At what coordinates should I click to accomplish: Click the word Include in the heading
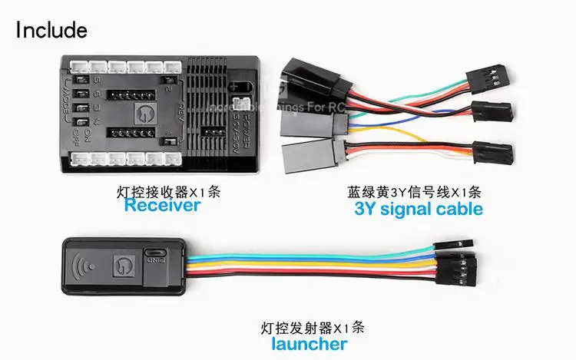[x=51, y=30]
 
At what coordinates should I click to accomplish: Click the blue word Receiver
[x=162, y=206]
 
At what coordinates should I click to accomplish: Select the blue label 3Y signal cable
[x=419, y=209]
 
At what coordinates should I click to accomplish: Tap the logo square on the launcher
[x=123, y=267]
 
